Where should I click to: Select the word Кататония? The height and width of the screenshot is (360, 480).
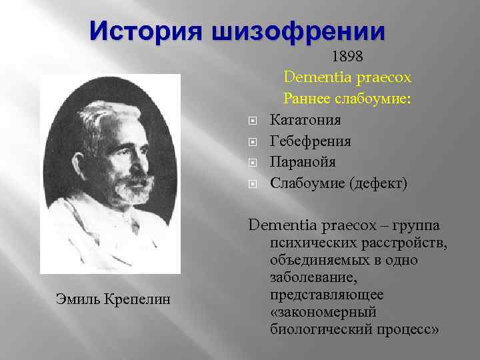point(305,121)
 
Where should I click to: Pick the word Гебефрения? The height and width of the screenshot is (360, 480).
point(311,141)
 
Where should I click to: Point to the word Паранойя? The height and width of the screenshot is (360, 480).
point(303,162)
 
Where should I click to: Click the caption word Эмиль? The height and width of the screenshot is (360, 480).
point(75,299)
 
